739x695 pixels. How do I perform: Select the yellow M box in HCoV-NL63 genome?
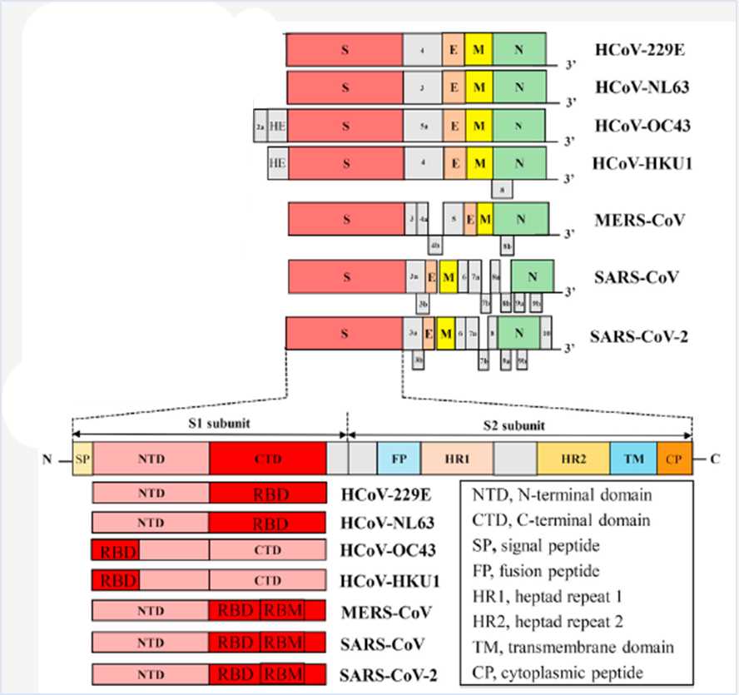pos(479,87)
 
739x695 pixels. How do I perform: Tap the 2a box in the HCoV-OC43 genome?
pos(260,126)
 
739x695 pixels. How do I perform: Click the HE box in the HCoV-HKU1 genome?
pos(277,163)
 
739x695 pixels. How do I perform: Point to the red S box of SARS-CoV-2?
pos(344,334)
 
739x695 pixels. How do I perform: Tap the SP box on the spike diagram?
pos(82,458)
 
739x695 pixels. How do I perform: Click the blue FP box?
pos(399,458)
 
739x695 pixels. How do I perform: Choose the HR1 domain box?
pos(458,458)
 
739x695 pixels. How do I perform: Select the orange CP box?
pos(674,458)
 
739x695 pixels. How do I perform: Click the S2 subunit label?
pos(514,425)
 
